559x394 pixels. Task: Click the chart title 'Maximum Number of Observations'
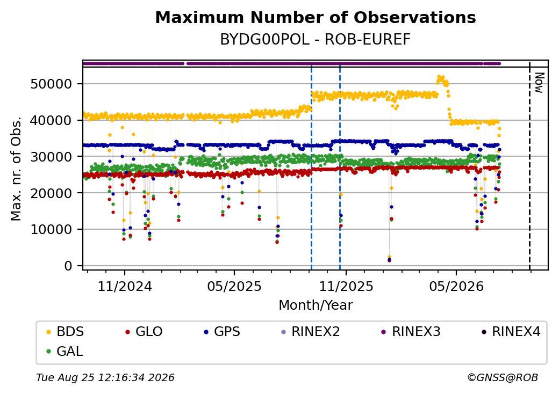coord(316,17)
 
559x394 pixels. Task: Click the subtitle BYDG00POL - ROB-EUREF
coord(316,40)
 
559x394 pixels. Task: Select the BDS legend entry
coord(65,332)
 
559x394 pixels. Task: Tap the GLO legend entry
coord(144,332)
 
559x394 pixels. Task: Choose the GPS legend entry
coord(222,332)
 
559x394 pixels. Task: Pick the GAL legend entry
coord(65,351)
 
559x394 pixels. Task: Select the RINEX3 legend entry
coord(411,332)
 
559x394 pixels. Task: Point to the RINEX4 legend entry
coord(511,332)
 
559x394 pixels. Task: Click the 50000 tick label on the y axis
coord(52,84)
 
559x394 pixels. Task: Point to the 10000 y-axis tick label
coord(52,230)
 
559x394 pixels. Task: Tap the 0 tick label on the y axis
coord(68,266)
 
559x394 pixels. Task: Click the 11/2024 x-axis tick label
coord(125,286)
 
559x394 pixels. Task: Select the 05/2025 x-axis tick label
coord(234,286)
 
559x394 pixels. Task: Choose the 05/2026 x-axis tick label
coord(456,286)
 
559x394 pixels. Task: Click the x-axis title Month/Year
coord(316,305)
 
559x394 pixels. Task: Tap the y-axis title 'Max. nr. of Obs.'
coord(16,169)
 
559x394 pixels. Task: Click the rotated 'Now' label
coord(540,83)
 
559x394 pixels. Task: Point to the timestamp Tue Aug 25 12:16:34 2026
coord(105,377)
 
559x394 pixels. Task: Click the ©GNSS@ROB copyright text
coord(503,377)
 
